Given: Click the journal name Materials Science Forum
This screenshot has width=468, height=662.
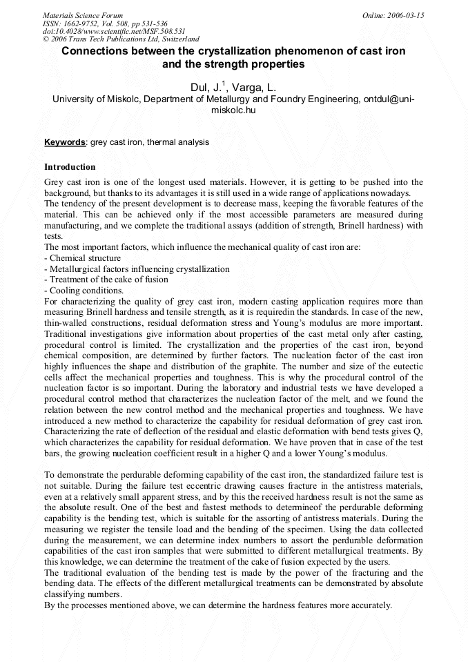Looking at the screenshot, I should (x=83, y=15).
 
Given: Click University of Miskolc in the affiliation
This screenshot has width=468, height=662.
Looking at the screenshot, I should (x=96, y=99).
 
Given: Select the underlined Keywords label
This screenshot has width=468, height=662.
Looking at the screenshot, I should (x=65, y=142).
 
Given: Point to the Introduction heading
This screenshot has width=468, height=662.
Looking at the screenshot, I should (x=70, y=167).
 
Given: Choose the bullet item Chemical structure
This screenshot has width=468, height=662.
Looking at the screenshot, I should (x=75, y=257).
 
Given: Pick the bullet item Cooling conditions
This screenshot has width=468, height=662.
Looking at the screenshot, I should (x=75, y=291).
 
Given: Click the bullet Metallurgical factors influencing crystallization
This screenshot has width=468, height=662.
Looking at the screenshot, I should (x=137, y=269).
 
